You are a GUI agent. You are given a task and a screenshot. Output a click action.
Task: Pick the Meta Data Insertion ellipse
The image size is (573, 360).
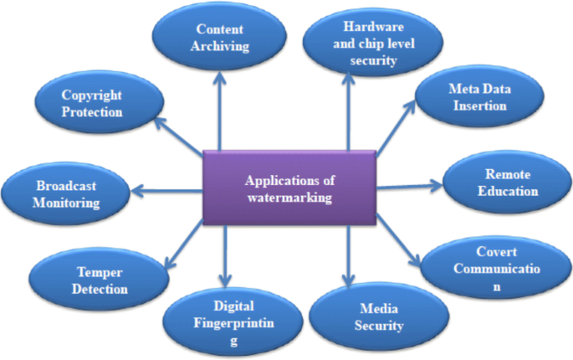478,98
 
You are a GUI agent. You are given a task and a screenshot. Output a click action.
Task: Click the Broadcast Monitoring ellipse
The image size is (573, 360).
68,194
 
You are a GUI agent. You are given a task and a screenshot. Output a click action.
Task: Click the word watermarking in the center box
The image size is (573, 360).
289,198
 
